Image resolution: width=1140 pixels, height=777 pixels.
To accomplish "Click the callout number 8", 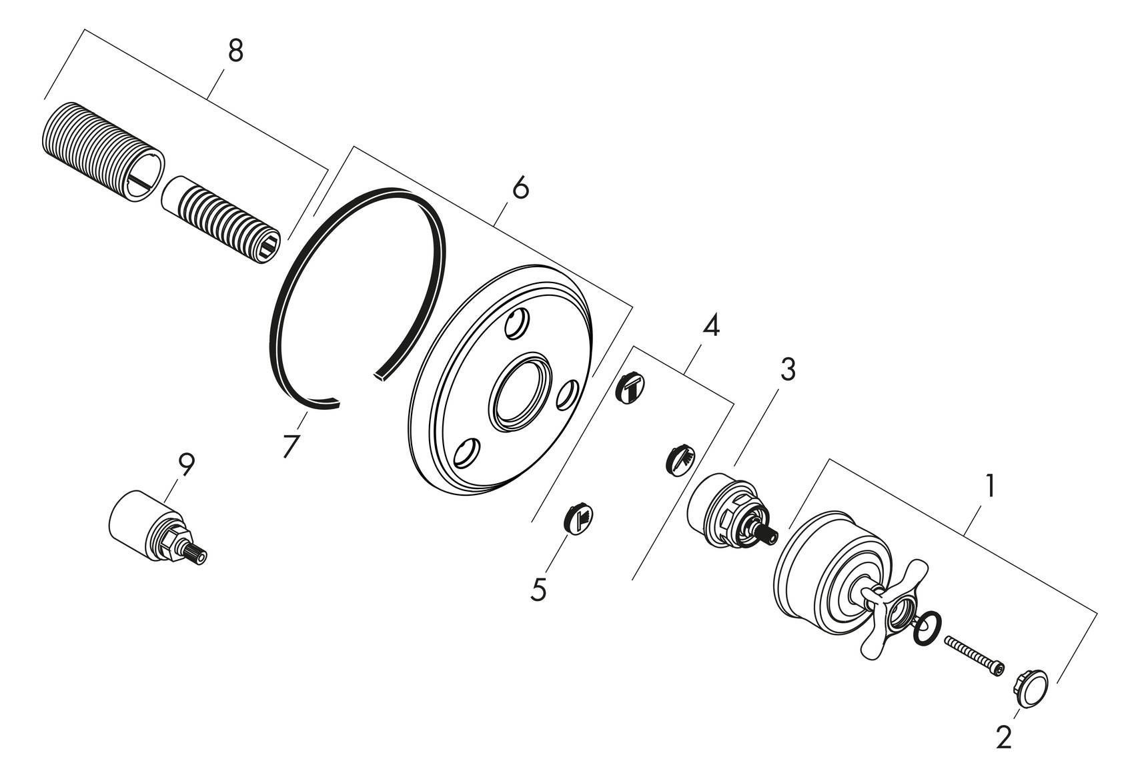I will pyautogui.click(x=235, y=51).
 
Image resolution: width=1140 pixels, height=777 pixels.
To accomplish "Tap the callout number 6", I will pyautogui.click(x=520, y=189).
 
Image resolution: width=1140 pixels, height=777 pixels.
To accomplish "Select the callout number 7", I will pyautogui.click(x=290, y=446).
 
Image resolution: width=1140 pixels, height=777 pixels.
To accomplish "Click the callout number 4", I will pyautogui.click(x=711, y=326).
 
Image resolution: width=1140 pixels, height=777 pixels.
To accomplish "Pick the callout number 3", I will pyautogui.click(x=788, y=369).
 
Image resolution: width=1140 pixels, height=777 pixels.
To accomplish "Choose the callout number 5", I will pyautogui.click(x=538, y=590).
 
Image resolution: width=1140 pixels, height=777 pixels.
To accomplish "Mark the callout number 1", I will pyautogui.click(x=990, y=486).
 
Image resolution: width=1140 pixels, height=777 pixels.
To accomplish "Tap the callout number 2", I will pyautogui.click(x=1003, y=737).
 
